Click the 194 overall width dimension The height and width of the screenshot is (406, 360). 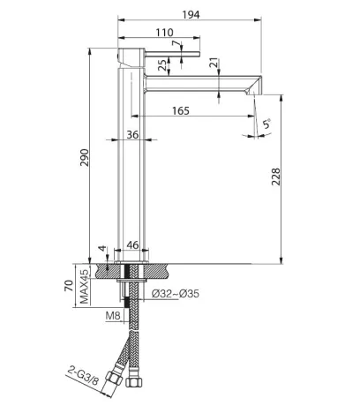191,14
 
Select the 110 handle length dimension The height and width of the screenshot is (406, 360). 164,32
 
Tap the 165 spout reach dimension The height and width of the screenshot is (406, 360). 181,110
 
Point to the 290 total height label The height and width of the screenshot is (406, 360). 85,158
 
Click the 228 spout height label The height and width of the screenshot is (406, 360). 276,177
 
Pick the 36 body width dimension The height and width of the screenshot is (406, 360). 132,134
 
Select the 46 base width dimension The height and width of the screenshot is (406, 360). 132,244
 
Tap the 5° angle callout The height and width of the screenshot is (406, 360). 266,124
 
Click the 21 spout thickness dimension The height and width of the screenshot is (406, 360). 215,63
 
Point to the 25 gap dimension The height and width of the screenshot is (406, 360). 162,65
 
